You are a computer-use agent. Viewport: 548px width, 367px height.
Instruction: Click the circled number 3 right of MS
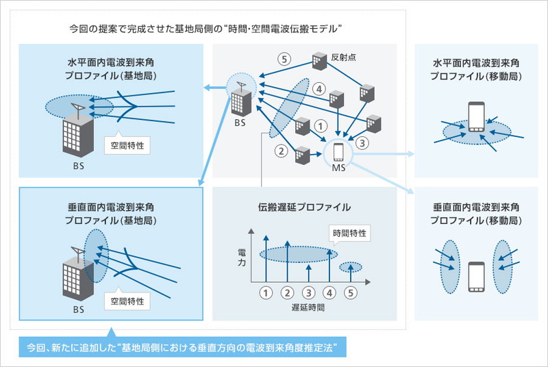tap(363, 143)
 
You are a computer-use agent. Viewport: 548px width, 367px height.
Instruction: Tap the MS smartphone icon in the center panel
tap(338, 150)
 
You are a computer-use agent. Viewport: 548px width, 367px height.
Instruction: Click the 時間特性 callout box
tap(349, 233)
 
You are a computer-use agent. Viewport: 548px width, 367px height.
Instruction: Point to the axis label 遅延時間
tap(308, 309)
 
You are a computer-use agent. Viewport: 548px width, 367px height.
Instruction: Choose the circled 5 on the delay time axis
tap(351, 292)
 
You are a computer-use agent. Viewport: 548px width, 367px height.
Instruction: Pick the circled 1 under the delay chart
tap(265, 292)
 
